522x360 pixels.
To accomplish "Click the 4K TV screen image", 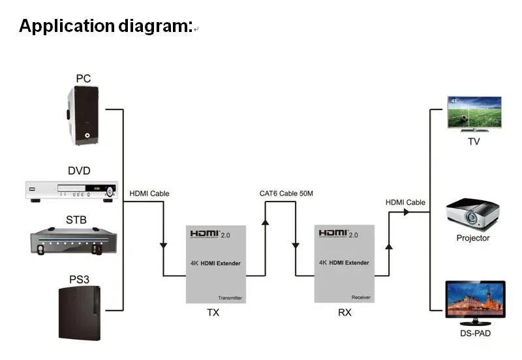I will point(474,114).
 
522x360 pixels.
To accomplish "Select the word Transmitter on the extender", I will point(230,297).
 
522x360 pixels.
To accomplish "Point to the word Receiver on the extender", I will point(361,297).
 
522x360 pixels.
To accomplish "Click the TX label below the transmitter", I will point(213,312).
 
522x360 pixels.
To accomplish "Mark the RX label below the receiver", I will point(345,312).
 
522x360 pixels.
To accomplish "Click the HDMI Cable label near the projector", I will point(405,202).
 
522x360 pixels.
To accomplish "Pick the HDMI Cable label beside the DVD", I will point(149,193).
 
